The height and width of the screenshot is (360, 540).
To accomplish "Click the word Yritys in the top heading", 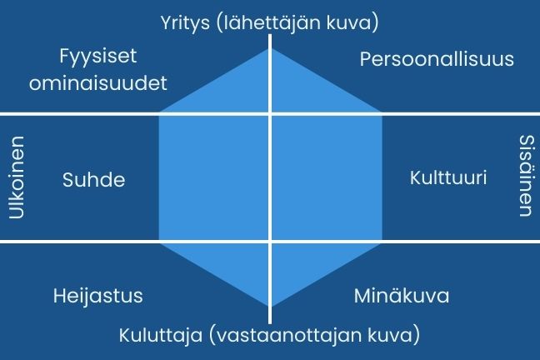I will click(x=188, y=22).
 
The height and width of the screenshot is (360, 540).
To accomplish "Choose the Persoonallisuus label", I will click(x=437, y=60).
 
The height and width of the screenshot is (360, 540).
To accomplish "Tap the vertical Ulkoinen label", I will click(x=17, y=177).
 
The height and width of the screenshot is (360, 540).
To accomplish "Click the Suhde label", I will click(x=93, y=179).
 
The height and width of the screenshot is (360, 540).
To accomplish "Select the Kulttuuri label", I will click(x=448, y=178).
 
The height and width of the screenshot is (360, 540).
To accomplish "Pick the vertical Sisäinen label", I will click(x=524, y=176).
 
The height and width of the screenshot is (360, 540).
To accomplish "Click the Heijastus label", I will click(x=97, y=296).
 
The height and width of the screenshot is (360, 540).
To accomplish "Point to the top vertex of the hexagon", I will click(x=270, y=47).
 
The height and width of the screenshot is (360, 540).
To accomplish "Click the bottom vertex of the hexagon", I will click(x=270, y=307).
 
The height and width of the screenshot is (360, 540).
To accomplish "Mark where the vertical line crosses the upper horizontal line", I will click(x=270, y=113).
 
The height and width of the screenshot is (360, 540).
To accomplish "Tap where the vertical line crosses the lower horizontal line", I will click(x=270, y=242).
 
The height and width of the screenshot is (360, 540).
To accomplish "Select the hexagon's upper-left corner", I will click(x=158, y=113).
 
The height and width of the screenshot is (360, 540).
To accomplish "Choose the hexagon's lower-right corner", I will click(x=382, y=242).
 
